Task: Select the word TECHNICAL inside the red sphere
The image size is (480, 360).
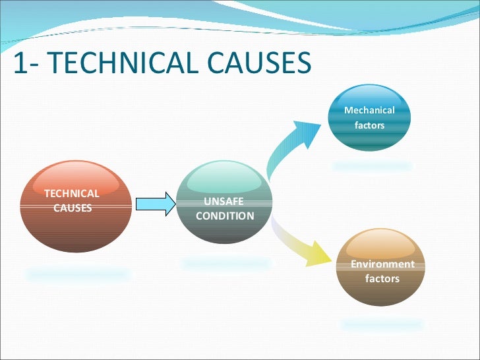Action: [x=71, y=193]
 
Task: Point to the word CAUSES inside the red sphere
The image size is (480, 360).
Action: [x=72, y=208]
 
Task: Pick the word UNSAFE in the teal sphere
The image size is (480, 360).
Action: [x=224, y=202]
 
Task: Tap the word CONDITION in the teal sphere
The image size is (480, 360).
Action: [x=225, y=216]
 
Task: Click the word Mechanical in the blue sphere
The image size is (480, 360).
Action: [x=369, y=110]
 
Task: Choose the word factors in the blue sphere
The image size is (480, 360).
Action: [x=369, y=125]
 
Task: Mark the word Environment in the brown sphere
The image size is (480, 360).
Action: [x=382, y=264]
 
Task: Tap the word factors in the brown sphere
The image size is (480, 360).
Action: [x=382, y=278]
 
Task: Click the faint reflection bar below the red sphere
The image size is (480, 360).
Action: [x=78, y=274]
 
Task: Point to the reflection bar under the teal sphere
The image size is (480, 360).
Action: [x=225, y=264]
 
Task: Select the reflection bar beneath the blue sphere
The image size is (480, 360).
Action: [x=372, y=166]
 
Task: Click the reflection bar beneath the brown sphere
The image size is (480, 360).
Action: [x=382, y=324]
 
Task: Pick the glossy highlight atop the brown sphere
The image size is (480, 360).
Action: [x=381, y=245]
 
